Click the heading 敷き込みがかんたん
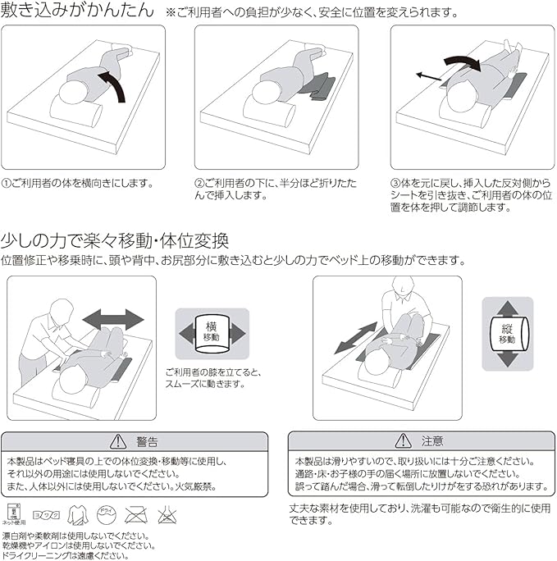click(77, 12)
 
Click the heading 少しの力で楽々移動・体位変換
click(115, 241)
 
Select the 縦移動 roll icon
click(505, 334)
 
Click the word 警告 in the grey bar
click(148, 441)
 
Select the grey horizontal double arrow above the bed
click(113, 318)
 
